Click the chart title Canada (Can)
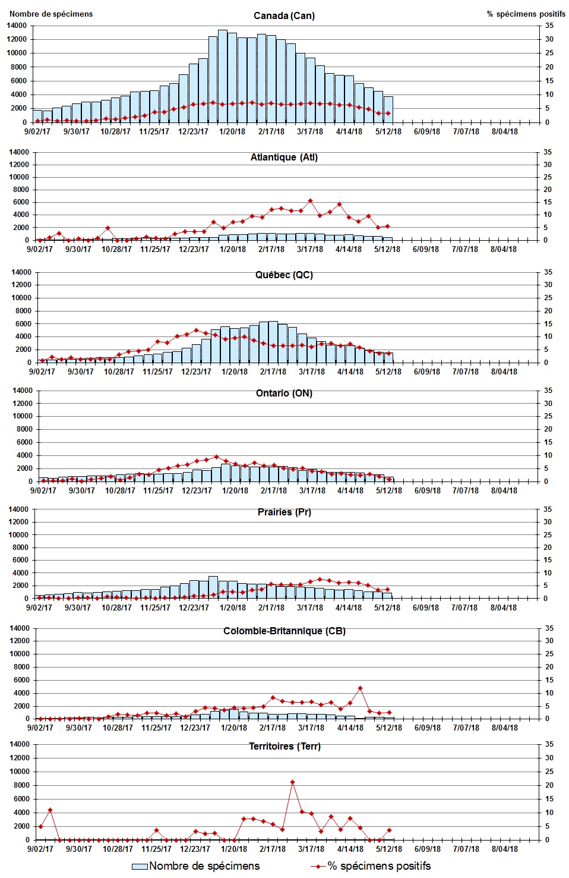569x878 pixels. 284,15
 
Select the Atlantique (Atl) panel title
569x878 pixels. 284,157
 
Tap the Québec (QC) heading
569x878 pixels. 284,275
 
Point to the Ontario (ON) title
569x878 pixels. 284,393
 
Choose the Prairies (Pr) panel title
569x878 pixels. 284,512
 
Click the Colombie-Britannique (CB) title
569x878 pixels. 284,631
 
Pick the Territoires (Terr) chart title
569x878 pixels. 284,746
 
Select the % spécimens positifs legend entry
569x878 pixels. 379,866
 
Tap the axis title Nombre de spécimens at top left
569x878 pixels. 51,14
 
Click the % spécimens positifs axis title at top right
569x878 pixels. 526,14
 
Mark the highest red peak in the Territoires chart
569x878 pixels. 292,782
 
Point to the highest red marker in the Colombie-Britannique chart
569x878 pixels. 360,688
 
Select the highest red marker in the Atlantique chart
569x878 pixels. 310,201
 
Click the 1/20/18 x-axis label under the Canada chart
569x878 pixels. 232,131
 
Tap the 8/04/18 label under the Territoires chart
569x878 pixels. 504,849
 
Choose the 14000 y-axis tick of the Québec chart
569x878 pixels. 21,272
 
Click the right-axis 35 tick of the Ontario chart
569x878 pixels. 548,391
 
